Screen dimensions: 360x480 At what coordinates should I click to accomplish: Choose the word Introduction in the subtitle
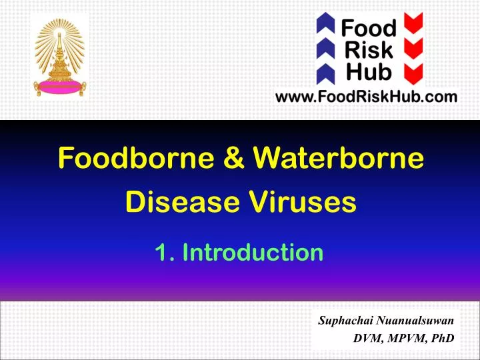[253, 253]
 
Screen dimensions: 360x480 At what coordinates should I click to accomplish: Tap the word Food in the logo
[369, 29]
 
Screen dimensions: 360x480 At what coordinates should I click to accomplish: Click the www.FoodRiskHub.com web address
[367, 97]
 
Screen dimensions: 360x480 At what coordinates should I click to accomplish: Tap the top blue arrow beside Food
[325, 26]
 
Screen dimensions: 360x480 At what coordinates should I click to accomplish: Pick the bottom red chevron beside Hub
[416, 71]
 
